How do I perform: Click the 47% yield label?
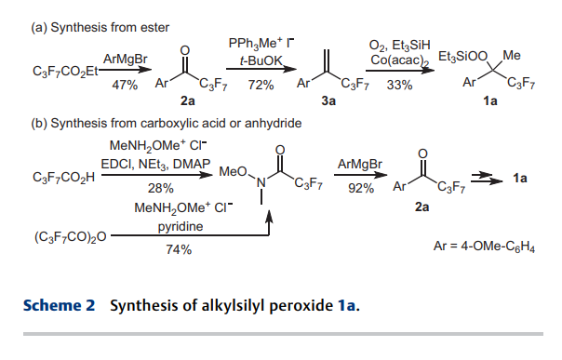(125, 85)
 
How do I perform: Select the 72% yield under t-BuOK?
(261, 85)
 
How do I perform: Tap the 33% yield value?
(400, 85)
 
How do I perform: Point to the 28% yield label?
(161, 188)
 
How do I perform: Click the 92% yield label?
(361, 188)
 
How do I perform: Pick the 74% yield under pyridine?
(179, 249)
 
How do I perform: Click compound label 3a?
(328, 101)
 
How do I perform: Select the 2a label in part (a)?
(187, 101)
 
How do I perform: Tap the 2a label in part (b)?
(421, 207)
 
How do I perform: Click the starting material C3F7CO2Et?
(65, 72)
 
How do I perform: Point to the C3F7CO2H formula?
(64, 178)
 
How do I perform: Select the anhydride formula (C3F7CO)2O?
(71, 237)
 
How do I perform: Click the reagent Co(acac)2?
(399, 60)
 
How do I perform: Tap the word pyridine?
(181, 227)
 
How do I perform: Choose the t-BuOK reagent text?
(261, 60)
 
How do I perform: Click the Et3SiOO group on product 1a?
(462, 57)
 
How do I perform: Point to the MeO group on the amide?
(233, 171)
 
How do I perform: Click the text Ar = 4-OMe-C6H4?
(484, 247)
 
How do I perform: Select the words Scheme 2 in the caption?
(60, 305)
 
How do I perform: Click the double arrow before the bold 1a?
(487, 178)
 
